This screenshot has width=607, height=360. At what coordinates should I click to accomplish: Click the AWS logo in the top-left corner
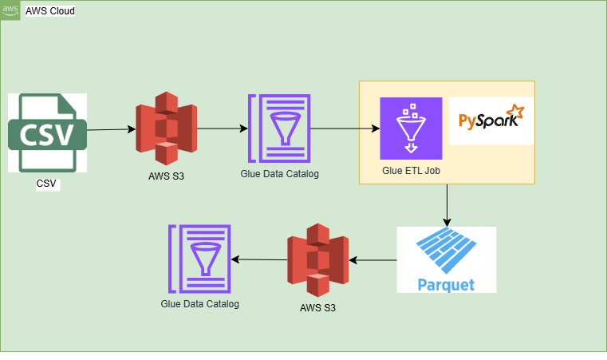(10, 10)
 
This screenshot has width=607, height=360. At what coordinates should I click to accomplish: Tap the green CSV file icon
(46, 133)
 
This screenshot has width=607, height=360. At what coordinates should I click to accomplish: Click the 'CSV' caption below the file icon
(46, 184)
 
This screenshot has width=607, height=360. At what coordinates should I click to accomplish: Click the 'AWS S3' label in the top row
(166, 176)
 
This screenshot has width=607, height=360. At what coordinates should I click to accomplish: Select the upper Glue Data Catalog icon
(279, 128)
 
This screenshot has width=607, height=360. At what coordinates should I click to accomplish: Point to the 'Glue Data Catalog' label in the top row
(279, 173)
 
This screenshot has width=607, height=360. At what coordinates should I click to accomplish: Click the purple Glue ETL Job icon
(411, 129)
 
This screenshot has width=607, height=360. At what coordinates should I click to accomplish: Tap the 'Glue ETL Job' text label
(411, 169)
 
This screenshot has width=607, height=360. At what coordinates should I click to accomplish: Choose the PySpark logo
(491, 121)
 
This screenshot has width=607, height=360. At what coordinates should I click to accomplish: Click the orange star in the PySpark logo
(516, 111)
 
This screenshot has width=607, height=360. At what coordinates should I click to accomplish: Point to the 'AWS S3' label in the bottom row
(318, 308)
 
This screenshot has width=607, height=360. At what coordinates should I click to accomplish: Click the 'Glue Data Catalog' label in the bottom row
(199, 304)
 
